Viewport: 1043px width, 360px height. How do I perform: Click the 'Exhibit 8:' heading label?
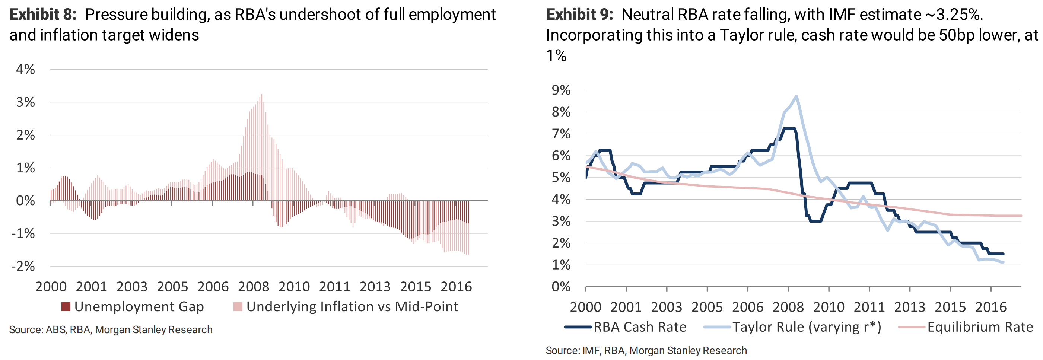42,15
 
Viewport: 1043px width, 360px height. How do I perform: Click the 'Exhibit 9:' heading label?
579,15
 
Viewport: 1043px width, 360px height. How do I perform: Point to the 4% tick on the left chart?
25,69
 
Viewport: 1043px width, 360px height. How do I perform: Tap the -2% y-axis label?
23,266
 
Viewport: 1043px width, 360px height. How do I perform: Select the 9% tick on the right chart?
561,90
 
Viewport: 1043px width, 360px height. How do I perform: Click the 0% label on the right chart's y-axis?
561,287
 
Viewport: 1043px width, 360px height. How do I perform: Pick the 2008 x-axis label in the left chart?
254,287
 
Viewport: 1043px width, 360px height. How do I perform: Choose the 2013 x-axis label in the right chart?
910,307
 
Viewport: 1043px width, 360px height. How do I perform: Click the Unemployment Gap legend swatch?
66,306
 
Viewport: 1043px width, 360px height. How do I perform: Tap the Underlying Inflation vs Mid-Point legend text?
352,306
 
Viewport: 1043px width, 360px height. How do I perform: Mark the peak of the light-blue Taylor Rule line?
796,96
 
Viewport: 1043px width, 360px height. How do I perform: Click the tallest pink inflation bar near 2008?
261,95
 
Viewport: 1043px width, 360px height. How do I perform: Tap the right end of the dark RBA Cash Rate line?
1003,254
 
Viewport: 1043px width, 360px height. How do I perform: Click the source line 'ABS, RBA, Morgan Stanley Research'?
111,329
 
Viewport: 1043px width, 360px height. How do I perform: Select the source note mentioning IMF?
646,350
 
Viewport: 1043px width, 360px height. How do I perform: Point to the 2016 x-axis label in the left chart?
456,287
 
